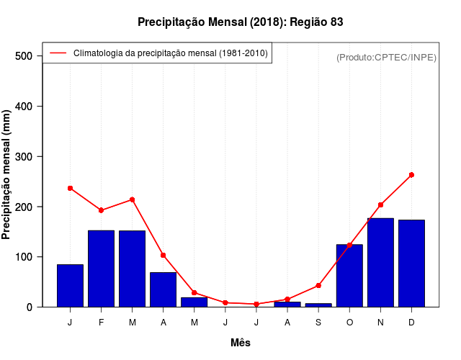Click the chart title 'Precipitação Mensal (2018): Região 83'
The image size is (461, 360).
click(x=240, y=22)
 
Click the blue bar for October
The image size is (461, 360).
click(x=349, y=276)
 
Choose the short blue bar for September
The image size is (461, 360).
click(x=318, y=305)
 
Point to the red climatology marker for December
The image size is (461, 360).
click(x=411, y=175)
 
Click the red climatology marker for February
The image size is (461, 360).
click(x=101, y=210)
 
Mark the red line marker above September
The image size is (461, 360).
click(x=318, y=286)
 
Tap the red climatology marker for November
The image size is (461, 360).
click(x=380, y=205)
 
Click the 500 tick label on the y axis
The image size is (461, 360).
click(x=24, y=56)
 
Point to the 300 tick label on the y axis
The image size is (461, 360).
click(x=24, y=157)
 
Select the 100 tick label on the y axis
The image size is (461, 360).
click(x=24, y=257)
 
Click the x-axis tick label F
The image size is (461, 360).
click(x=101, y=323)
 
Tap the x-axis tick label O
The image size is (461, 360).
click(x=349, y=323)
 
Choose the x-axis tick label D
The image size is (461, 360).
click(x=411, y=323)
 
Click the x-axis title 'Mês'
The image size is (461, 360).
click(x=240, y=343)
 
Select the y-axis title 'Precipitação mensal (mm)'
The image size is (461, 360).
click(x=7, y=174)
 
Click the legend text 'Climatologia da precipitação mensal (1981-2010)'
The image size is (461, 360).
click(x=171, y=53)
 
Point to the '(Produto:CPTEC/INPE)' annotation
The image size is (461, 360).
click(x=386, y=57)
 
